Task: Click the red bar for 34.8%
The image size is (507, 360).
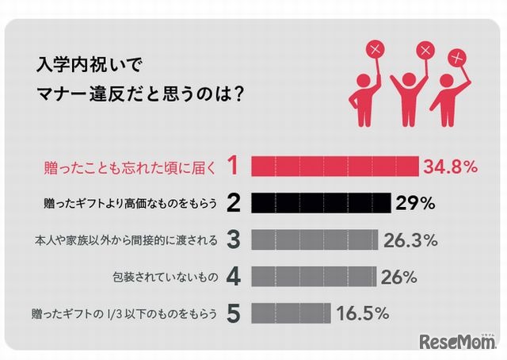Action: click(335, 166)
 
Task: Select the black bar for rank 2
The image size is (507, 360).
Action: click(321, 203)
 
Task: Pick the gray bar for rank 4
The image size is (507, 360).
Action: click(314, 277)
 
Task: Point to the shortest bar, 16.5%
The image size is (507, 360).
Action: click(291, 313)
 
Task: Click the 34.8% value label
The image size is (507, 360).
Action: click(450, 167)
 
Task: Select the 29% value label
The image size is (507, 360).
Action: click(416, 204)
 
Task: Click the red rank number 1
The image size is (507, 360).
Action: click(233, 167)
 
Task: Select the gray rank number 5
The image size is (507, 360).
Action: click(233, 313)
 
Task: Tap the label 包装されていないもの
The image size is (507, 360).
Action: click(162, 278)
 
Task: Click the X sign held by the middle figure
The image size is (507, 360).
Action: click(424, 51)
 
